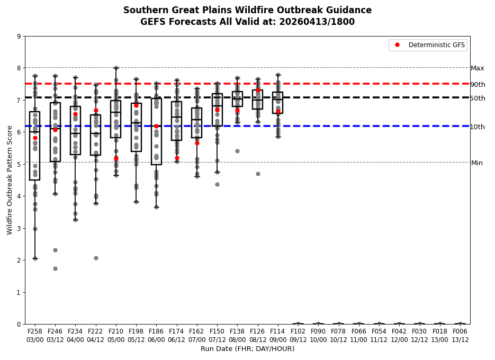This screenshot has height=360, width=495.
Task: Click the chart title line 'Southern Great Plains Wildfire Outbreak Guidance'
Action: [247, 11]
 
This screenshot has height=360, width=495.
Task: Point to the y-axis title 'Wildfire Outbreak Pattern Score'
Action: [10, 180]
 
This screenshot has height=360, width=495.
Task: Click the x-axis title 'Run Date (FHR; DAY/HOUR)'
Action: [247, 349]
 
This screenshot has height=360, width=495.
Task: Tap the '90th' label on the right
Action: [478, 85]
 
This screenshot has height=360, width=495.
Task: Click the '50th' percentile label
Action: [478, 98]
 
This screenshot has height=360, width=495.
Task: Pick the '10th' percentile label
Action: [478, 127]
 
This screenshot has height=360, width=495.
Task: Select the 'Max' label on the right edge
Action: [478, 68]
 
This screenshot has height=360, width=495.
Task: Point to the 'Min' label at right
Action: [477, 163]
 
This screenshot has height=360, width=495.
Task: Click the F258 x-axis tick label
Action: [35, 331]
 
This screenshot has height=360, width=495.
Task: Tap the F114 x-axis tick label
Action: [278, 331]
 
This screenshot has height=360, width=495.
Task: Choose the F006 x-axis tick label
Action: [460, 331]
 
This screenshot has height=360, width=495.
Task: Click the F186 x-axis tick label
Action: [156, 331]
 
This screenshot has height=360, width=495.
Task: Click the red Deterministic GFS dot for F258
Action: [35, 138]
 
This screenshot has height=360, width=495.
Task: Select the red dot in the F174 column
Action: [177, 158]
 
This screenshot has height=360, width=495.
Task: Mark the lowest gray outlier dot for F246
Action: [55, 268]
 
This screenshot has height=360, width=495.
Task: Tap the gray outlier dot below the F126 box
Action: [258, 174]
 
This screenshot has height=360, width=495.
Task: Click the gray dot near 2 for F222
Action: [96, 258]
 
